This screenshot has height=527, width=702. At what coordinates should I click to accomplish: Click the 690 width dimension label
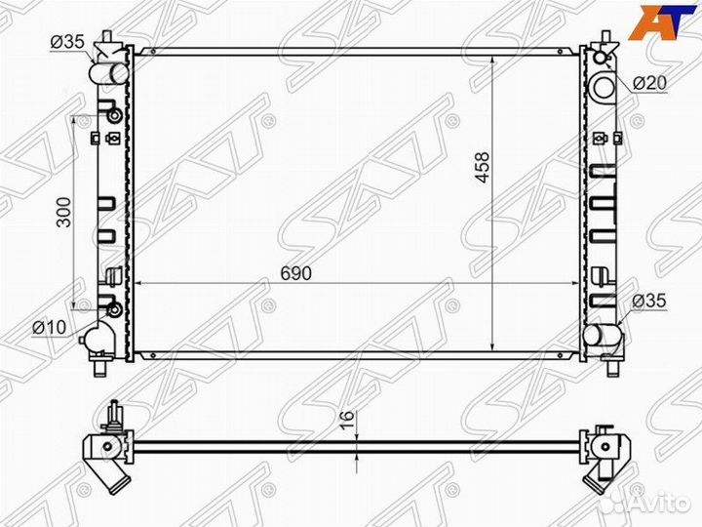[x=295, y=272]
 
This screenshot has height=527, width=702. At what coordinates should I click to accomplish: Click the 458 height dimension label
[x=483, y=168]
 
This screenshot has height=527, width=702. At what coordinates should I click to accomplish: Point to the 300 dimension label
[x=64, y=212]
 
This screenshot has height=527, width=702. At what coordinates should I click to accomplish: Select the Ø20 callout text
[x=649, y=82]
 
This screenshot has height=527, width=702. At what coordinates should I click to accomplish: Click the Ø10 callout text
[x=50, y=328]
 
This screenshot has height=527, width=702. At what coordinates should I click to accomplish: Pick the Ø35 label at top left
[x=67, y=42]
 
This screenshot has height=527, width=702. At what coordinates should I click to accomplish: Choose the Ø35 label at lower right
[x=648, y=301]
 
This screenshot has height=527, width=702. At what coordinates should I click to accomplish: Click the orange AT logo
[x=655, y=20]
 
